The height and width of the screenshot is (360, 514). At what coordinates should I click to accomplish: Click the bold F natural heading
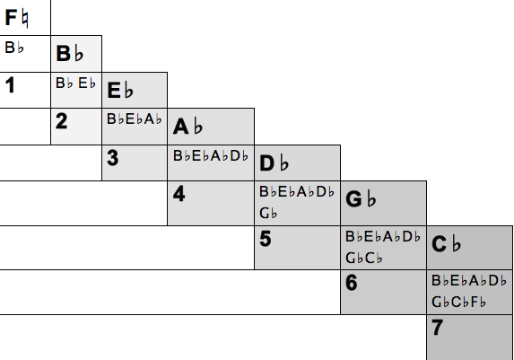tap(17, 18)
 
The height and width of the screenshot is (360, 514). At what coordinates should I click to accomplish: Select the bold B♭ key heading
tap(69, 53)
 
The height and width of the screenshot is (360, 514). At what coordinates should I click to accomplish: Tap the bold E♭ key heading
tap(120, 90)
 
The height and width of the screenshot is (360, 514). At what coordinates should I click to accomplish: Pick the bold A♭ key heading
tap(187, 127)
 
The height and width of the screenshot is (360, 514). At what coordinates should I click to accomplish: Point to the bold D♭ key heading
tap(274, 162)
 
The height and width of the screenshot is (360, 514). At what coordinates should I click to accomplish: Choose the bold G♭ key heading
tap(361, 199)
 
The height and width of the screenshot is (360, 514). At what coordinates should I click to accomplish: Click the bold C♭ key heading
tap(446, 244)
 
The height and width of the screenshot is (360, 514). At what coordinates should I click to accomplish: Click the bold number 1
tap(10, 85)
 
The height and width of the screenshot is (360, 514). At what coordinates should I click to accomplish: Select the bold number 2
tap(62, 121)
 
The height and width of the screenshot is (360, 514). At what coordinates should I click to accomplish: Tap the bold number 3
tap(113, 158)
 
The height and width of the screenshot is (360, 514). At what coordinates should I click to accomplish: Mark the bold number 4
tap(179, 194)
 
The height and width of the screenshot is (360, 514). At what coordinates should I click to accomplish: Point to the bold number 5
tap(266, 239)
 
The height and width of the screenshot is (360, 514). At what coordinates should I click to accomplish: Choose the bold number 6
tap(352, 283)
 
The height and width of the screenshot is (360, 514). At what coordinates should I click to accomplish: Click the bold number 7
tap(437, 328)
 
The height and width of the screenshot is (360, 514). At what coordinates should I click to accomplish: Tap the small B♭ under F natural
tap(14, 48)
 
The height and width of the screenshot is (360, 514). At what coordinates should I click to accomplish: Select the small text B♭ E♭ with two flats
tap(75, 83)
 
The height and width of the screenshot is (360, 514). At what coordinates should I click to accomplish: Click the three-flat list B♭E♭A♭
tap(135, 119)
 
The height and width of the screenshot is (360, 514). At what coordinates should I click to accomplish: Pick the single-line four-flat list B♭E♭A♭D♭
tap(211, 156)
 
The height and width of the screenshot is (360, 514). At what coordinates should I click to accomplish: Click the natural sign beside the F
tap(25, 19)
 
